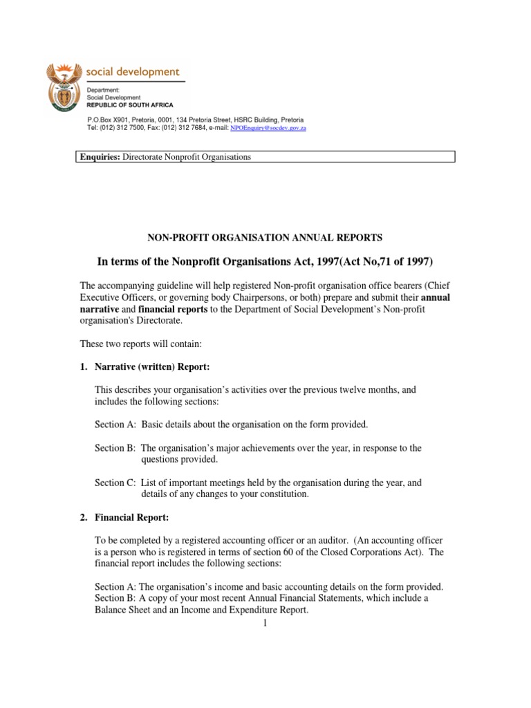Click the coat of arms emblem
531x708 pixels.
(64, 87)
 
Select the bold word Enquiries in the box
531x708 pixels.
(98, 157)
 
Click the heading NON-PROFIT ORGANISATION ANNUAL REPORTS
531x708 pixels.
(265, 237)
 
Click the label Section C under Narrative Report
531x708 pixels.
(115, 483)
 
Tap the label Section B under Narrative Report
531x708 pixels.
(115, 448)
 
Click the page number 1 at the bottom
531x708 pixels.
(265, 624)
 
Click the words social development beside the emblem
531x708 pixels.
(131, 72)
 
